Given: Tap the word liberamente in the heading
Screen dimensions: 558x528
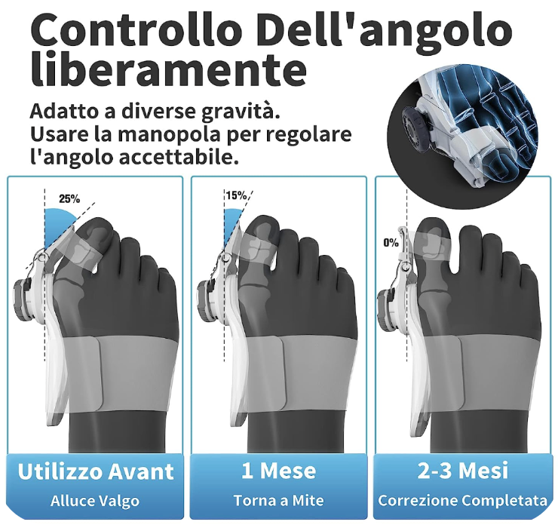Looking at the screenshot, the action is (x=169, y=69).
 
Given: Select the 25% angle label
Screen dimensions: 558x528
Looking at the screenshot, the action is (x=69, y=198).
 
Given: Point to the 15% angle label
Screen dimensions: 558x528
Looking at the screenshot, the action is (x=236, y=195).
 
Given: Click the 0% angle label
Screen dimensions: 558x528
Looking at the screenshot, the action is (x=391, y=243).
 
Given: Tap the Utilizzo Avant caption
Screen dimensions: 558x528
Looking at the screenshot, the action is (x=96, y=471).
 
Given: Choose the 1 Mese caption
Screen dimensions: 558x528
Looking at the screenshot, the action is (x=279, y=471).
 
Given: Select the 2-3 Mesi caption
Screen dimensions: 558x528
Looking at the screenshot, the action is (x=463, y=471).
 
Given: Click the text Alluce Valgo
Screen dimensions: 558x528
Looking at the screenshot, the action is (x=95, y=501).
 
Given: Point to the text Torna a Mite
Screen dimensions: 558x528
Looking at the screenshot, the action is (x=279, y=501).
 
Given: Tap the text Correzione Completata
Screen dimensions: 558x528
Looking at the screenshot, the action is (x=463, y=501).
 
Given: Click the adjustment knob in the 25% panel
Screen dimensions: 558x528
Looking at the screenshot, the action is (x=23, y=296).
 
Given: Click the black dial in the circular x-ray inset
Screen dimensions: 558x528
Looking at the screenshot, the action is (x=412, y=125).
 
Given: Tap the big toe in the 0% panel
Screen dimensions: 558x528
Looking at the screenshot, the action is (x=434, y=249).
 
